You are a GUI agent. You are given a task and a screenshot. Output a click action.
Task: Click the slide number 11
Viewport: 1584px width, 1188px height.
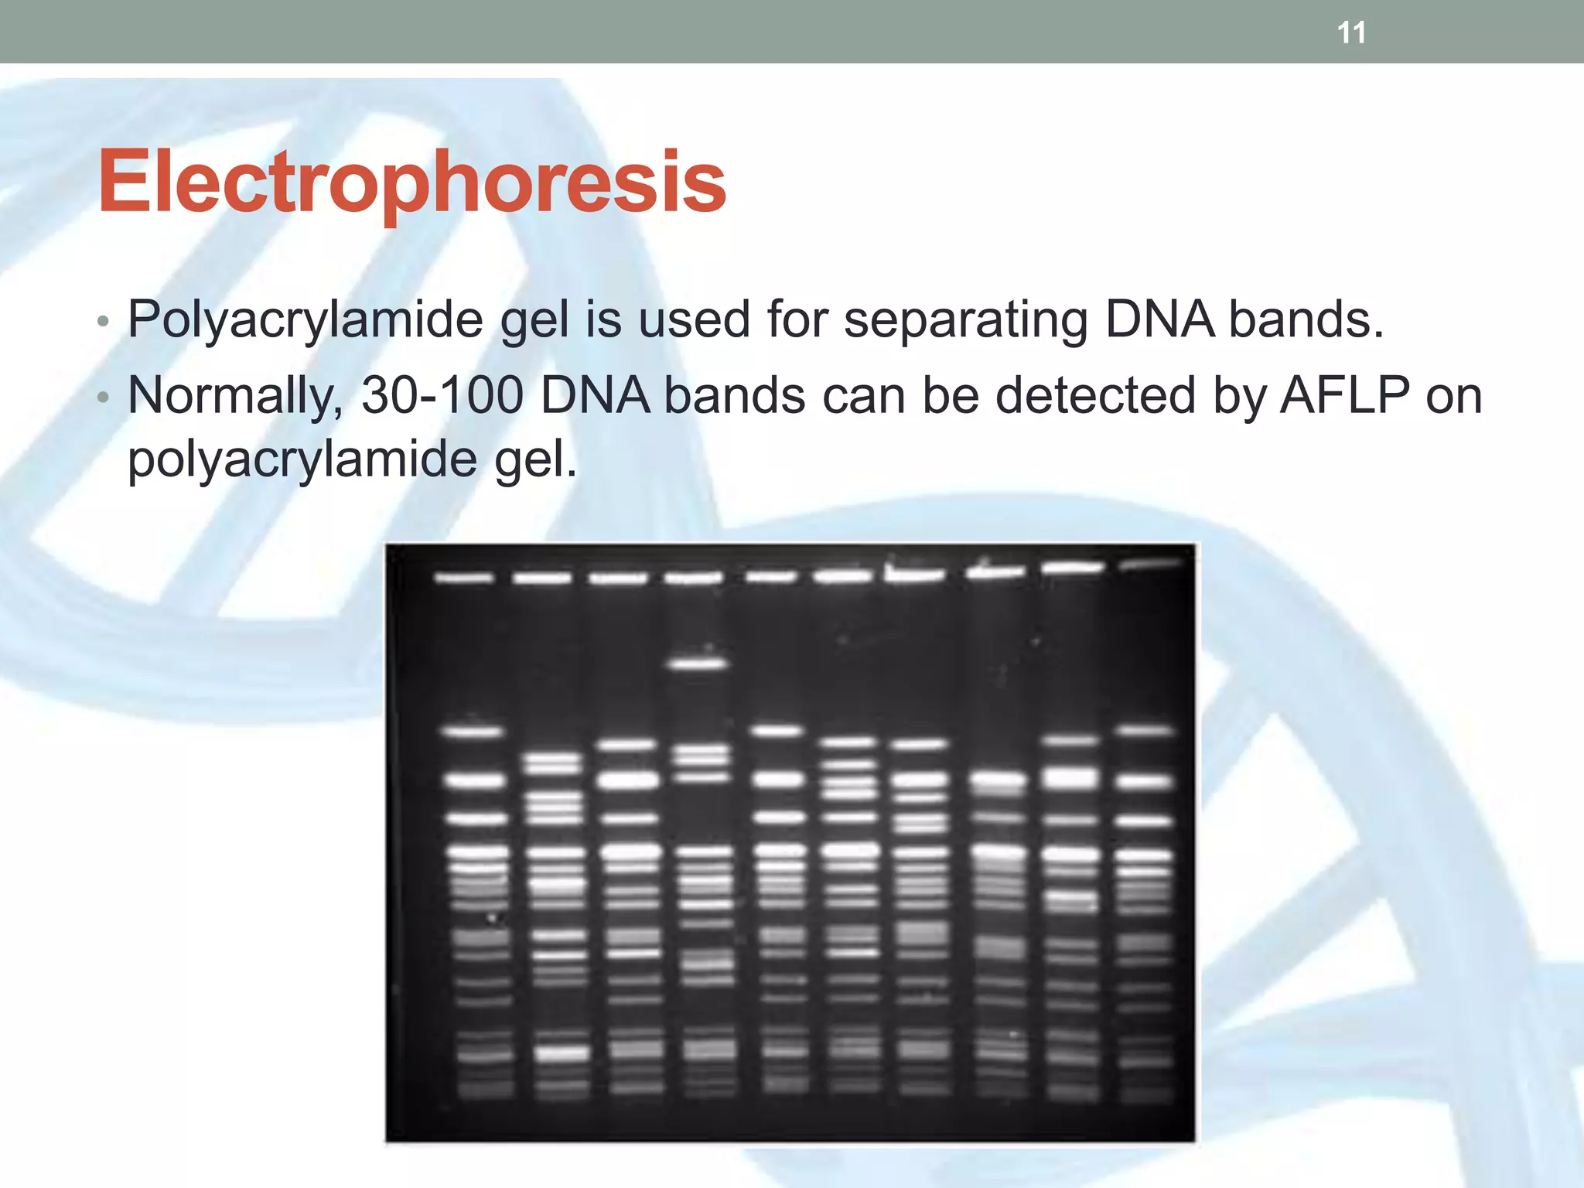coord(1351,33)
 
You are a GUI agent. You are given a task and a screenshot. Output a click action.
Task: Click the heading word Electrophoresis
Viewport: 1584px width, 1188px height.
coord(411,183)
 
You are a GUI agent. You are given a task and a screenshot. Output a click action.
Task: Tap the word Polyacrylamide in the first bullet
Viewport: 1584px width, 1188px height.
coord(306,319)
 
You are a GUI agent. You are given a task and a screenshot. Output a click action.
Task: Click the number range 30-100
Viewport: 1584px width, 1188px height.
coord(442,395)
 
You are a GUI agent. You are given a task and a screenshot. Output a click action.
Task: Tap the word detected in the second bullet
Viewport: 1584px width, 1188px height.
coord(1095,395)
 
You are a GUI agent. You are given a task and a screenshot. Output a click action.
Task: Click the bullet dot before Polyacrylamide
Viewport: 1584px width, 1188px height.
coord(104,322)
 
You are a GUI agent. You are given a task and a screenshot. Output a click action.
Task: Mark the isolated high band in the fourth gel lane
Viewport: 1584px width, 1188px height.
coord(697,664)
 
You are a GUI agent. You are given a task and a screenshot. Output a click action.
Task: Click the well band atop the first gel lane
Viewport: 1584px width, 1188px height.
coord(463,577)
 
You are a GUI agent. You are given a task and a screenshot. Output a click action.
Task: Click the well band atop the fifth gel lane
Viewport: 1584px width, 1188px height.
coord(771,576)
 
